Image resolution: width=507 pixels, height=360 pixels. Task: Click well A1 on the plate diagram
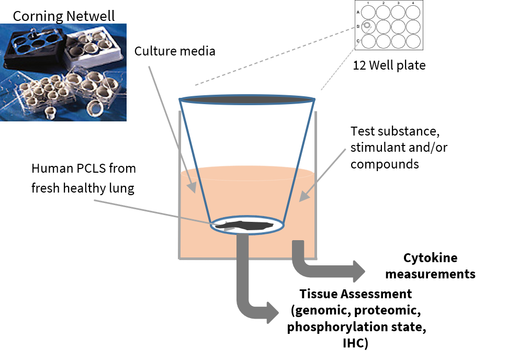tap(368, 12)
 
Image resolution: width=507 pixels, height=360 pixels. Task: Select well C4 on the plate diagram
tap(413, 41)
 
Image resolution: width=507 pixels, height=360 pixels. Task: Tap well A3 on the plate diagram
tap(398, 12)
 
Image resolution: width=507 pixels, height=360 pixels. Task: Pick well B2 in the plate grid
tap(383, 26)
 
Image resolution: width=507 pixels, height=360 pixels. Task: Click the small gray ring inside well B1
tap(367, 26)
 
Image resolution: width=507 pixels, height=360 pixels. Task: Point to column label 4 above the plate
tap(413, 3)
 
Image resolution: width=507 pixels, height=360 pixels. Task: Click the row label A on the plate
tap(358, 12)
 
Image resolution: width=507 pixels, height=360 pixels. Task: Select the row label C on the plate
tap(358, 41)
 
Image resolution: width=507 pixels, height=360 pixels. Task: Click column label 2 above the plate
tap(383, 3)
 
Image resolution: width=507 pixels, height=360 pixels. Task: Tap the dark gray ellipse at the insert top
tap(247, 99)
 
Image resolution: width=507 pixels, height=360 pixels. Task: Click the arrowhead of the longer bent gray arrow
tap(273, 312)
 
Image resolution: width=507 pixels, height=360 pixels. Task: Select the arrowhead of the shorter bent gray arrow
tap(358, 271)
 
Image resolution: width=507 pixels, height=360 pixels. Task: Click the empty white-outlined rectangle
tap(91, 178)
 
